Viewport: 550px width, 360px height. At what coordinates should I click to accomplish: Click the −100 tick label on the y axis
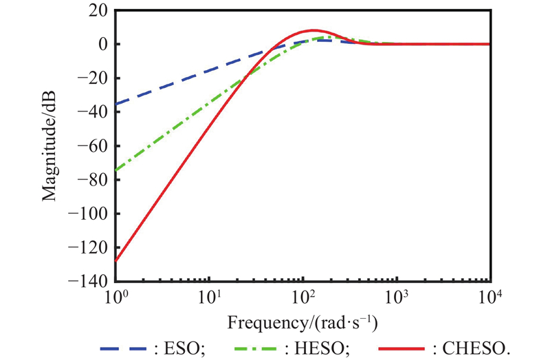[x=91, y=214]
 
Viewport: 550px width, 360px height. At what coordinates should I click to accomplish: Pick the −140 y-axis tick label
[x=91, y=281]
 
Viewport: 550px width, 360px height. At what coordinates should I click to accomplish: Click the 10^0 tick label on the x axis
[x=115, y=297]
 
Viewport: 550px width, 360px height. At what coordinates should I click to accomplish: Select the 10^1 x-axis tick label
[x=209, y=297]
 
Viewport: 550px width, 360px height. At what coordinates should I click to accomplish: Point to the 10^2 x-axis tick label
[x=302, y=297]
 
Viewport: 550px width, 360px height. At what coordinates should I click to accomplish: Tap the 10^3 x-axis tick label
[x=396, y=297]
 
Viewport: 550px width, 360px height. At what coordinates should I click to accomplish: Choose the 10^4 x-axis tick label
[x=489, y=297]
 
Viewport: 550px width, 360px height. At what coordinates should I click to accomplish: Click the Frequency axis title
[x=303, y=322]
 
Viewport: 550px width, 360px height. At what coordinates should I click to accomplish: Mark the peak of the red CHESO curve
[x=313, y=30]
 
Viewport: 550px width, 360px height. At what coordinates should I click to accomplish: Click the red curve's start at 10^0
[x=116, y=260]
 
